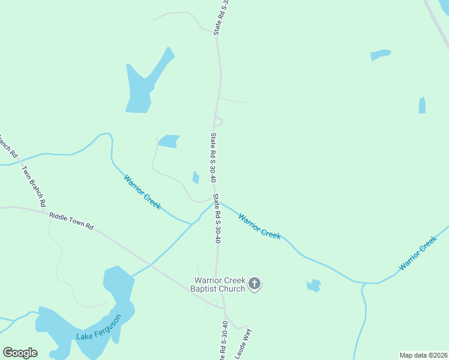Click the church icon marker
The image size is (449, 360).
coord(255,283)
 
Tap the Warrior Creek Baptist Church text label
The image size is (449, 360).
coord(218,284)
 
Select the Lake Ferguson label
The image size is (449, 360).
coord(99,328)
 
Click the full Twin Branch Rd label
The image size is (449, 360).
coord(34,185)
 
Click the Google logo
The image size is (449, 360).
coord(20,353)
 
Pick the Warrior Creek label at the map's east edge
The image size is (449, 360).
coord(418,254)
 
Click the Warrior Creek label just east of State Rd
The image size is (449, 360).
coord(259,226)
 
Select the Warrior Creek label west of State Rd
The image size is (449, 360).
coord(142,192)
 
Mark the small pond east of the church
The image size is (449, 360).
coord(313,286)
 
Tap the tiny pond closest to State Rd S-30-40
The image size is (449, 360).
coord(196,178)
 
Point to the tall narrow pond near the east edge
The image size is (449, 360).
coord(422,106)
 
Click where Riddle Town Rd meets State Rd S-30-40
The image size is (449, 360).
coord(223,309)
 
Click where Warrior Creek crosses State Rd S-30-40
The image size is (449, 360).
coord(216,202)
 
